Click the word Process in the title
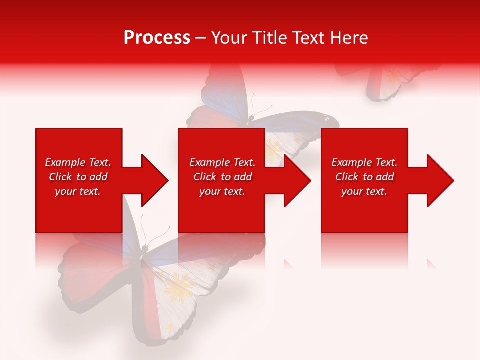click(157, 38)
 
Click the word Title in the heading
click(270, 38)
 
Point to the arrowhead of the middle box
click(297, 180)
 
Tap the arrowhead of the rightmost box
click(440, 180)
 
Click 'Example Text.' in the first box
click(78, 162)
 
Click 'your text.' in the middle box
click(222, 191)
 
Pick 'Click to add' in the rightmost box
click(364, 177)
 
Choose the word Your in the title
click(229, 38)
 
